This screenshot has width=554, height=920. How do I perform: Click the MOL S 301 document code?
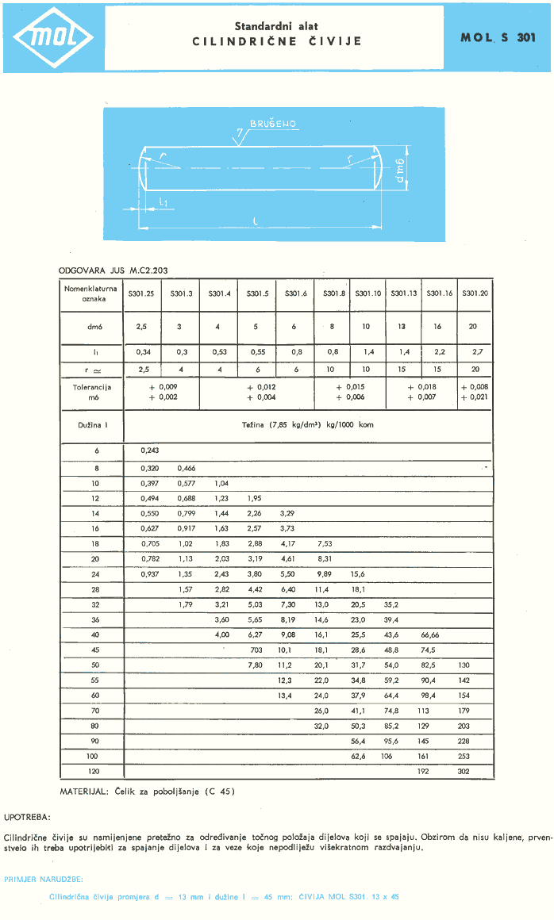(498, 37)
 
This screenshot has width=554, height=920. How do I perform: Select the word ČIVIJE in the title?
(334, 40)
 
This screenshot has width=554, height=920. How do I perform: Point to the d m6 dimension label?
(400, 170)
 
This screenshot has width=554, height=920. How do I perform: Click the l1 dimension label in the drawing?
(162, 202)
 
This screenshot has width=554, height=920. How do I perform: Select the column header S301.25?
(141, 293)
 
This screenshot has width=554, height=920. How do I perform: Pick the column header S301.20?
(475, 293)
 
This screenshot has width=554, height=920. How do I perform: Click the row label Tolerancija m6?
(92, 392)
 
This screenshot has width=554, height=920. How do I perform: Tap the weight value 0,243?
(149, 450)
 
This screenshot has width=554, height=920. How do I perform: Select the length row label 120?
(93, 771)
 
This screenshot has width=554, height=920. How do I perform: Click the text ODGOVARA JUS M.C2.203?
(113, 270)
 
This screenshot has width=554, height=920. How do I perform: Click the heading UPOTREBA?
(27, 815)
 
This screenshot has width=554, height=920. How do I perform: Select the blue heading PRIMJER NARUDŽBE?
(44, 879)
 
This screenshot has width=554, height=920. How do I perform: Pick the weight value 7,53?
(324, 543)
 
